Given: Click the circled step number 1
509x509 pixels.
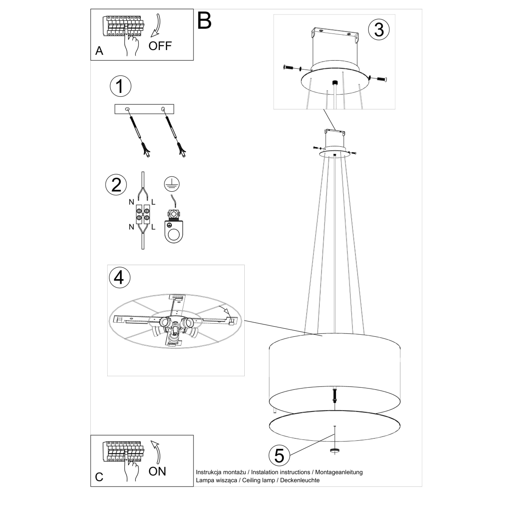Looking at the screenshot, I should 120,86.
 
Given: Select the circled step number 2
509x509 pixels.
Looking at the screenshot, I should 116,185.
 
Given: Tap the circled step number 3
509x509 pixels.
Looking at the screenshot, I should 378,29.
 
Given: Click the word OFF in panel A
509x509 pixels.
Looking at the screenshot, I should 160,46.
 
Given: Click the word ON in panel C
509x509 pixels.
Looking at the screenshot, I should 157,471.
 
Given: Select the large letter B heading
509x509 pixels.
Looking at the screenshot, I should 204,20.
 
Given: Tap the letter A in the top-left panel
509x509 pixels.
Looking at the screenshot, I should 99,51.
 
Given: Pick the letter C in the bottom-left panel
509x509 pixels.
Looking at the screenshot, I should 99,477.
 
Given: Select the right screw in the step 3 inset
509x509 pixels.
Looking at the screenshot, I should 381,78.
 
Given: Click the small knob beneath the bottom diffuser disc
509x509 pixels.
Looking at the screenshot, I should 335,450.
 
